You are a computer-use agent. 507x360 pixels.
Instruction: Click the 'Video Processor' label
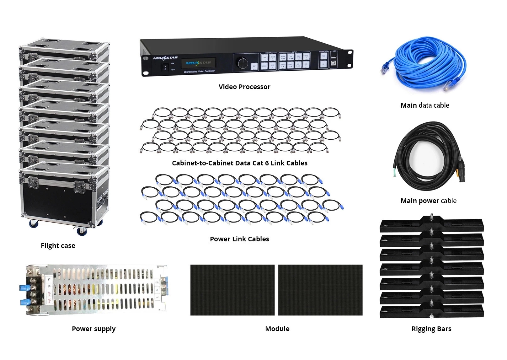(244, 87)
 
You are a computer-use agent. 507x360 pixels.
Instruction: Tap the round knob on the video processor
(243, 63)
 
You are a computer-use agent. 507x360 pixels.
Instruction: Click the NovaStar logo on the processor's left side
(165, 58)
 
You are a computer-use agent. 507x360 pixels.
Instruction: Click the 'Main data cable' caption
(425, 105)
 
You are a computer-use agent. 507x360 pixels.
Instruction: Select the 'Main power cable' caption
(428, 201)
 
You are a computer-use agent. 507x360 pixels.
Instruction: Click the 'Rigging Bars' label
(431, 329)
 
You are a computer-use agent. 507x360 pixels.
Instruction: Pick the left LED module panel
(232, 290)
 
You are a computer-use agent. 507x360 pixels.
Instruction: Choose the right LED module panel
(320, 290)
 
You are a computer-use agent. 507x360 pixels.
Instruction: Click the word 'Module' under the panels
(277, 329)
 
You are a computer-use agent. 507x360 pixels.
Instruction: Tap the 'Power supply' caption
(93, 329)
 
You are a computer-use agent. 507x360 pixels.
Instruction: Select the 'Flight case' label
(58, 246)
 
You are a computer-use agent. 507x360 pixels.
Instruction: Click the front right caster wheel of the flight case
(82, 231)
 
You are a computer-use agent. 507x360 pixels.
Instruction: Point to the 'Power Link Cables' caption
(239, 239)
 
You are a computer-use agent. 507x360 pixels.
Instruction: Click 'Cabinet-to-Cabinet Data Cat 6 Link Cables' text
(239, 163)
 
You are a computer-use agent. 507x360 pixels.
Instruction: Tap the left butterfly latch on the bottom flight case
(33, 182)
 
